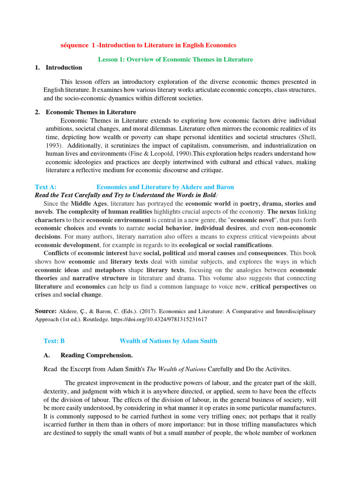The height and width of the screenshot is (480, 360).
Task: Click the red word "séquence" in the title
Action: click(75, 45)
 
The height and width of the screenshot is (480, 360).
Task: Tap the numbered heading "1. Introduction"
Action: click(59, 67)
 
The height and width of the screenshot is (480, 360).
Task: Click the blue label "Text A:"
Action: click(46, 187)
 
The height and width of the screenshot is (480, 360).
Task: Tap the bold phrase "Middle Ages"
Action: click(89, 203)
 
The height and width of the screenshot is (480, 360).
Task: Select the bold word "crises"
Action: click(43, 295)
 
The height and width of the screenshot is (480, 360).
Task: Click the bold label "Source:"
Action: click(45, 311)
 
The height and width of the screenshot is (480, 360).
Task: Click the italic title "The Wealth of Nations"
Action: click(176, 369)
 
